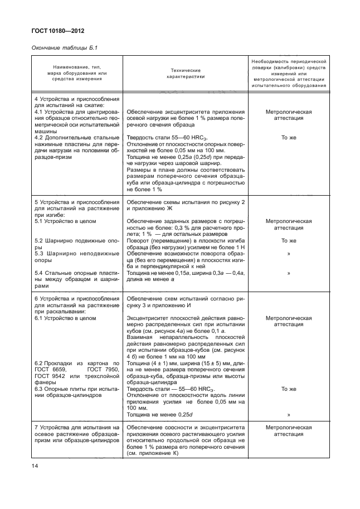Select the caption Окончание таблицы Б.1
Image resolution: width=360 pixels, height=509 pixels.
[62, 49]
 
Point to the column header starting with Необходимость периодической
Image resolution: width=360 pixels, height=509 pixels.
[289, 73]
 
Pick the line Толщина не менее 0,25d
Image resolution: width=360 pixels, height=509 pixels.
[159, 415]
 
